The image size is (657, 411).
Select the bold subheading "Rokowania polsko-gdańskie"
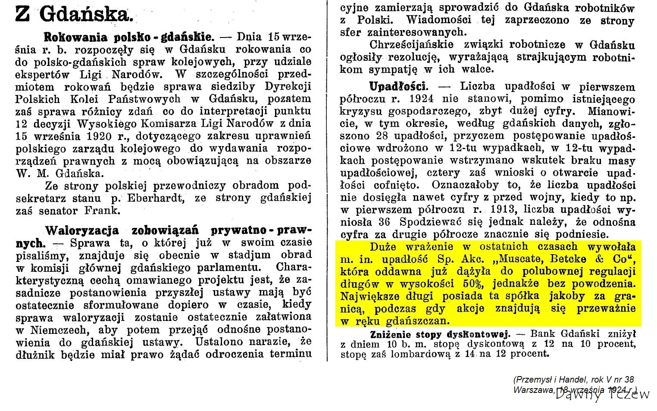point(129,36)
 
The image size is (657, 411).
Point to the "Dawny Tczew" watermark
point(603,395)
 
